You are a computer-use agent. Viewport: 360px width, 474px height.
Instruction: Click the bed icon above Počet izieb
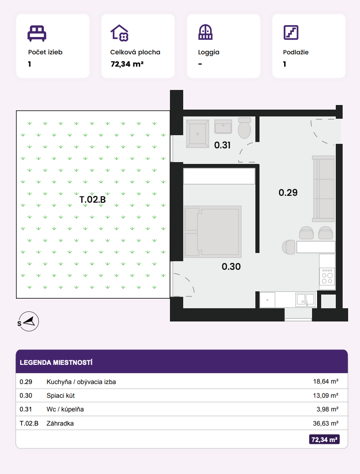tap(37, 33)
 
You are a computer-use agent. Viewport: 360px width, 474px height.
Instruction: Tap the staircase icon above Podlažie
tap(291, 32)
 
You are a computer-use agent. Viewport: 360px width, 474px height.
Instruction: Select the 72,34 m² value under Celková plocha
tap(127, 64)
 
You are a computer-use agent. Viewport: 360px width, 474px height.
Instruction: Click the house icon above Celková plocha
tap(120, 32)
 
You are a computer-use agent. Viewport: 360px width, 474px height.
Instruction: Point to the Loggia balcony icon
tap(206, 32)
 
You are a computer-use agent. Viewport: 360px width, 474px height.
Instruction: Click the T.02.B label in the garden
tap(93, 200)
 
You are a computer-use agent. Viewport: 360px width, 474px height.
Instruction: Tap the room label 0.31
tap(222, 145)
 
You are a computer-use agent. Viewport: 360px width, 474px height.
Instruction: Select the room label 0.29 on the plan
tap(288, 193)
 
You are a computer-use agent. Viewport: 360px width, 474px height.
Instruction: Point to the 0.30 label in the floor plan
tap(231, 267)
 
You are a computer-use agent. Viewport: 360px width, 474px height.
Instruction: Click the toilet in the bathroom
tap(244, 128)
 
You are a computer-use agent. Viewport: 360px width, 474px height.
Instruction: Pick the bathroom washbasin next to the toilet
tap(223, 126)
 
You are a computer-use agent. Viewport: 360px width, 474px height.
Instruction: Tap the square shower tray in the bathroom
tap(197, 134)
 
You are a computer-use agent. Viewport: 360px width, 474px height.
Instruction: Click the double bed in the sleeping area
tap(213, 232)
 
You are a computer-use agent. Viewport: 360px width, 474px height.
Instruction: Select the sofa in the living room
tap(323, 189)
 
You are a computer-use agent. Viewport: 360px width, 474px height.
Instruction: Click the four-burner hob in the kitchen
tap(327, 276)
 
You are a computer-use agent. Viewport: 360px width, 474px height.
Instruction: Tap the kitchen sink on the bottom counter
tap(306, 299)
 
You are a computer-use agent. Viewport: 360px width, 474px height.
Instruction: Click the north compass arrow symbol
tap(29, 321)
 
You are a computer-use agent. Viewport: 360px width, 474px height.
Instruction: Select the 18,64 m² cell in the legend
tap(326, 381)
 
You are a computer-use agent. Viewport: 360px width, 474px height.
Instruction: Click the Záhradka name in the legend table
tap(60, 423)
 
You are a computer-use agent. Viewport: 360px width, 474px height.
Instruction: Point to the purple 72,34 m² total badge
tap(324, 440)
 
